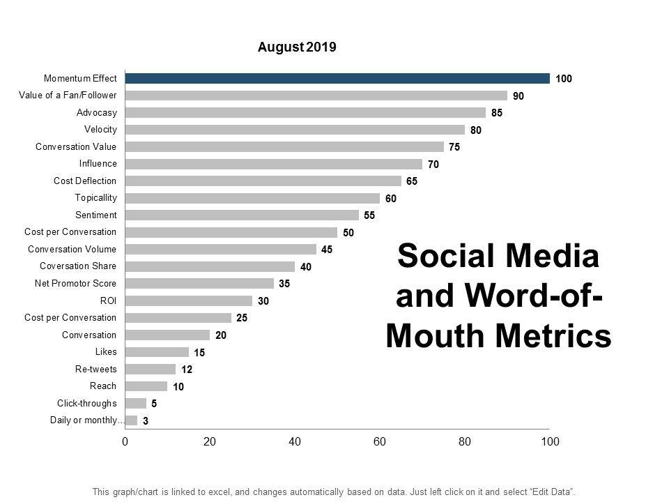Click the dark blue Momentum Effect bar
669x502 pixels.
point(337,79)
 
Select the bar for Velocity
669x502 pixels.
point(294,130)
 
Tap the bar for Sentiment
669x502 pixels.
point(241,215)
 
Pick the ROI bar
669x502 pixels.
point(188,301)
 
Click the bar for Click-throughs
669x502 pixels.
point(135,403)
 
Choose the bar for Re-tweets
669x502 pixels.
point(150,369)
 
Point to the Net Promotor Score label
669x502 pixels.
point(75,284)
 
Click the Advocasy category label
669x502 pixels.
point(96,112)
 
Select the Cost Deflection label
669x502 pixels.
point(85,181)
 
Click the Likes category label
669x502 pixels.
point(106,352)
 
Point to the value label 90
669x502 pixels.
point(518,96)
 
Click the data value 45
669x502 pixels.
point(327,250)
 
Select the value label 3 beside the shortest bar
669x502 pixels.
point(145,420)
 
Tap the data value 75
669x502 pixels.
point(454,147)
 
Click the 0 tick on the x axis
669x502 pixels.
point(125,441)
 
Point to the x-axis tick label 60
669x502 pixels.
point(380,441)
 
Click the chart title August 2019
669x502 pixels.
point(297,47)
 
